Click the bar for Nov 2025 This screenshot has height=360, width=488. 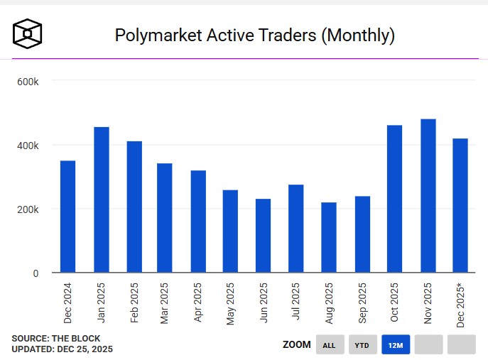(x=428, y=195)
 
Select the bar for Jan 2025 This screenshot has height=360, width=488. (x=101, y=200)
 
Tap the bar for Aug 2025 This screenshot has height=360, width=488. (x=329, y=237)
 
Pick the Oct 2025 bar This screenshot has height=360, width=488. (x=395, y=198)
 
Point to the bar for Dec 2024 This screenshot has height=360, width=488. (x=68, y=217)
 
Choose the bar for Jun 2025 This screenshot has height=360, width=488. (x=263, y=235)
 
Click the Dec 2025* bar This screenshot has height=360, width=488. (x=460, y=205)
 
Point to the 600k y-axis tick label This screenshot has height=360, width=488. (x=28, y=82)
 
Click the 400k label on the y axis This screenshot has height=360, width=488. (x=28, y=146)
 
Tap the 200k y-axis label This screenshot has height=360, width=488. (x=28, y=209)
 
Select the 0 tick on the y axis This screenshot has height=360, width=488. (x=36, y=273)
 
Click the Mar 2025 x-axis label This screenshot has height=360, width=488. (x=166, y=304)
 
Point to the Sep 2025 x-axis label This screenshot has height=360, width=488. (x=362, y=304)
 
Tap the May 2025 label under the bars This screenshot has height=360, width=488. (x=231, y=304)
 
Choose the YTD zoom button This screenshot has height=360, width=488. (x=362, y=345)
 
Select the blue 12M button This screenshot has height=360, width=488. (x=395, y=345)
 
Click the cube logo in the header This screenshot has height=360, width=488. (x=28, y=34)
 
